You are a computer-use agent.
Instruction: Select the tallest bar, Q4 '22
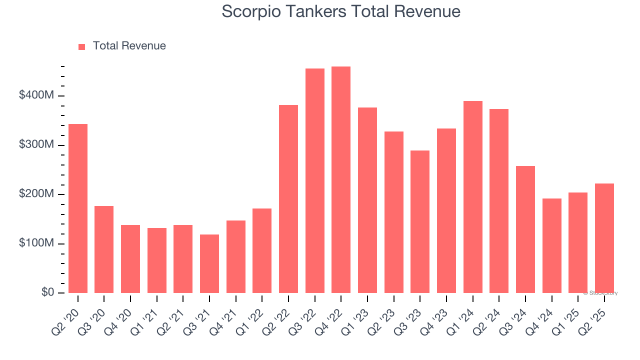(341, 179)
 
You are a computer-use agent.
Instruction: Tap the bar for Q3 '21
(209, 263)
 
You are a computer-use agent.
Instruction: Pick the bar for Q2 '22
(288, 198)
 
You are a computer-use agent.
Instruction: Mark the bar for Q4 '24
(552, 245)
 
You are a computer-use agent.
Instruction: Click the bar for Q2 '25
(604, 238)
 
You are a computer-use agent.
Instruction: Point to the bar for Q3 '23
(420, 221)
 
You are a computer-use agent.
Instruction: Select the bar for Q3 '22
(315, 180)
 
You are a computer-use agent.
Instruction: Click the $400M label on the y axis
(36, 95)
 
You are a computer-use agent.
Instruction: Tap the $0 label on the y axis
(47, 292)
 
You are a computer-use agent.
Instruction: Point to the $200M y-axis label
(36, 193)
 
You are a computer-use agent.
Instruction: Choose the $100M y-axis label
(36, 243)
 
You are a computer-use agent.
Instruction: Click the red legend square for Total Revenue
(82, 46)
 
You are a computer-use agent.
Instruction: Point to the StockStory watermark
(600, 293)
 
